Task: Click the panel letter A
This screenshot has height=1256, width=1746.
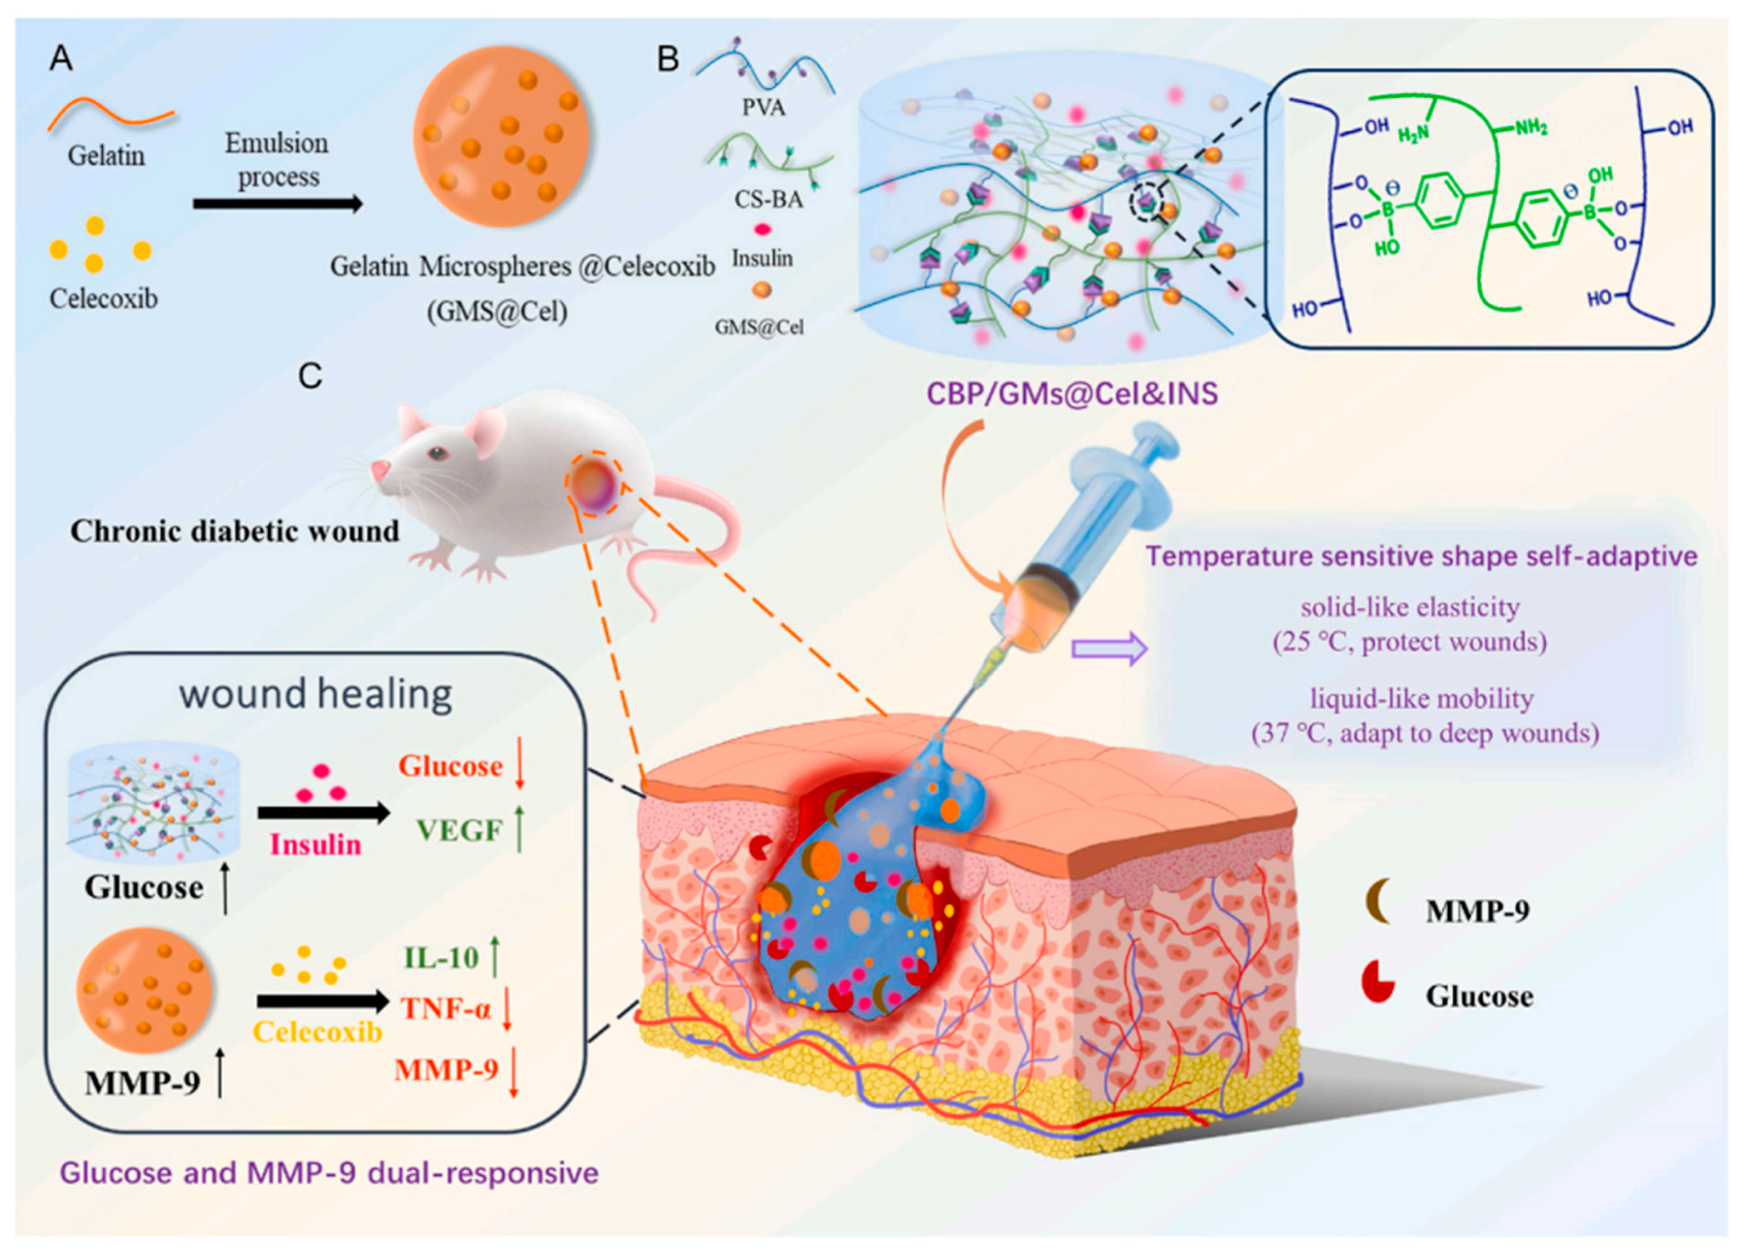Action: (x=61, y=59)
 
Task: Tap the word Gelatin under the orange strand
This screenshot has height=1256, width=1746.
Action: (x=106, y=155)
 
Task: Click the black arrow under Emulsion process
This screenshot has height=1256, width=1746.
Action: (x=277, y=204)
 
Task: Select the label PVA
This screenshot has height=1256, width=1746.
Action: (x=764, y=107)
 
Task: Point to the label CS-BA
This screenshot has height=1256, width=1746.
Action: (x=768, y=199)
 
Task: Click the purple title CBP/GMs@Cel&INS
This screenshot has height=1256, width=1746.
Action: (x=1072, y=394)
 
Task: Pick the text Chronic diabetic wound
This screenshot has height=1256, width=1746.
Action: (x=235, y=532)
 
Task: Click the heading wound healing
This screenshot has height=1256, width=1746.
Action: (x=316, y=694)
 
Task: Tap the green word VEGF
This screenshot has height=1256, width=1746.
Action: (x=460, y=830)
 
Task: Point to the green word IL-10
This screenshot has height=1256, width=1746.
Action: (x=441, y=957)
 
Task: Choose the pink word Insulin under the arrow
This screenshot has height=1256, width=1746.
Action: (x=316, y=845)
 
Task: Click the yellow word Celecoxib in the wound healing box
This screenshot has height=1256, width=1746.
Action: (x=317, y=1032)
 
